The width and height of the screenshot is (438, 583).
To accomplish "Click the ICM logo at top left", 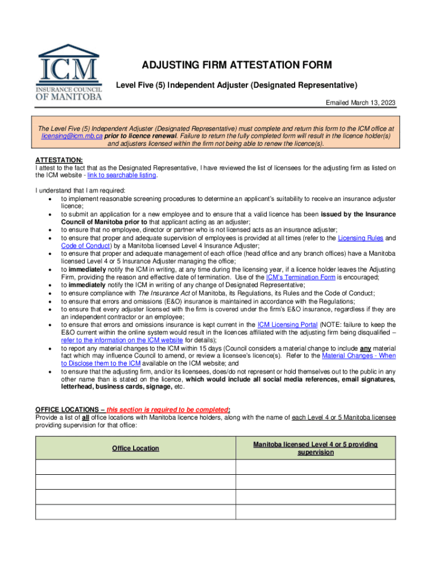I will coord(70,72).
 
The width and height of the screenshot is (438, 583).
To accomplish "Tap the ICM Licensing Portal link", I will coord(278,325).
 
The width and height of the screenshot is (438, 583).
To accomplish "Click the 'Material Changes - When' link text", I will coord(358,355).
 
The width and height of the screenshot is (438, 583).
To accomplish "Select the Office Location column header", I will coord(135,448).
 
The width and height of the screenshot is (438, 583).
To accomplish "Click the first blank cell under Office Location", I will coord(135,467).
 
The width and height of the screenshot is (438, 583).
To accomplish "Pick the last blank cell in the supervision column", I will coord(315,512).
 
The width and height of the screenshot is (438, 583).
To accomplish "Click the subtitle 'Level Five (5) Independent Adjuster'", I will coord(237,85).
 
